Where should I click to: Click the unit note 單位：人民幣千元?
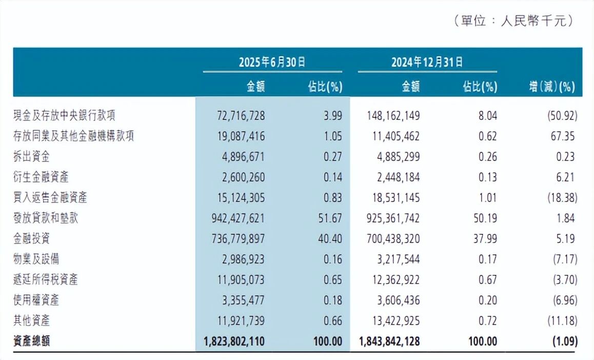coord(513,21)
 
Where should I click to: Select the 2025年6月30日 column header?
coord(272,62)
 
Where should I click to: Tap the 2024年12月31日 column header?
coord(427,62)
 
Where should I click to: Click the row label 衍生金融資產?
coord(41,177)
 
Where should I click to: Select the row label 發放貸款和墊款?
coord(46,218)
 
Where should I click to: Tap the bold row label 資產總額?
coord(32,341)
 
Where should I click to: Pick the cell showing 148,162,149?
coord(393,115)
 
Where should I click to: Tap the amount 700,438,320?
coord(393,238)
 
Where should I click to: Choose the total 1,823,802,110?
coord(233,341)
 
